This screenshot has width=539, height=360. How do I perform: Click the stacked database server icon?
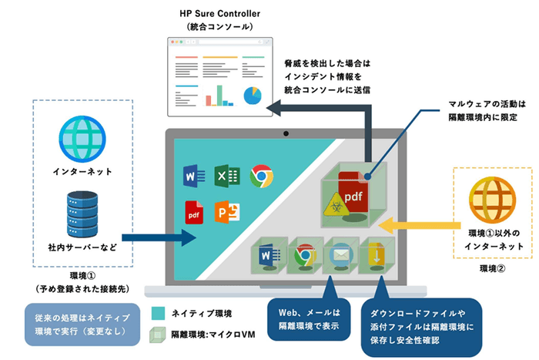click(81, 210)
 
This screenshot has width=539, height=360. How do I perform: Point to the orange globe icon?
click(492, 197)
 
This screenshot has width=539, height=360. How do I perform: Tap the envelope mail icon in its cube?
click(339, 254)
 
